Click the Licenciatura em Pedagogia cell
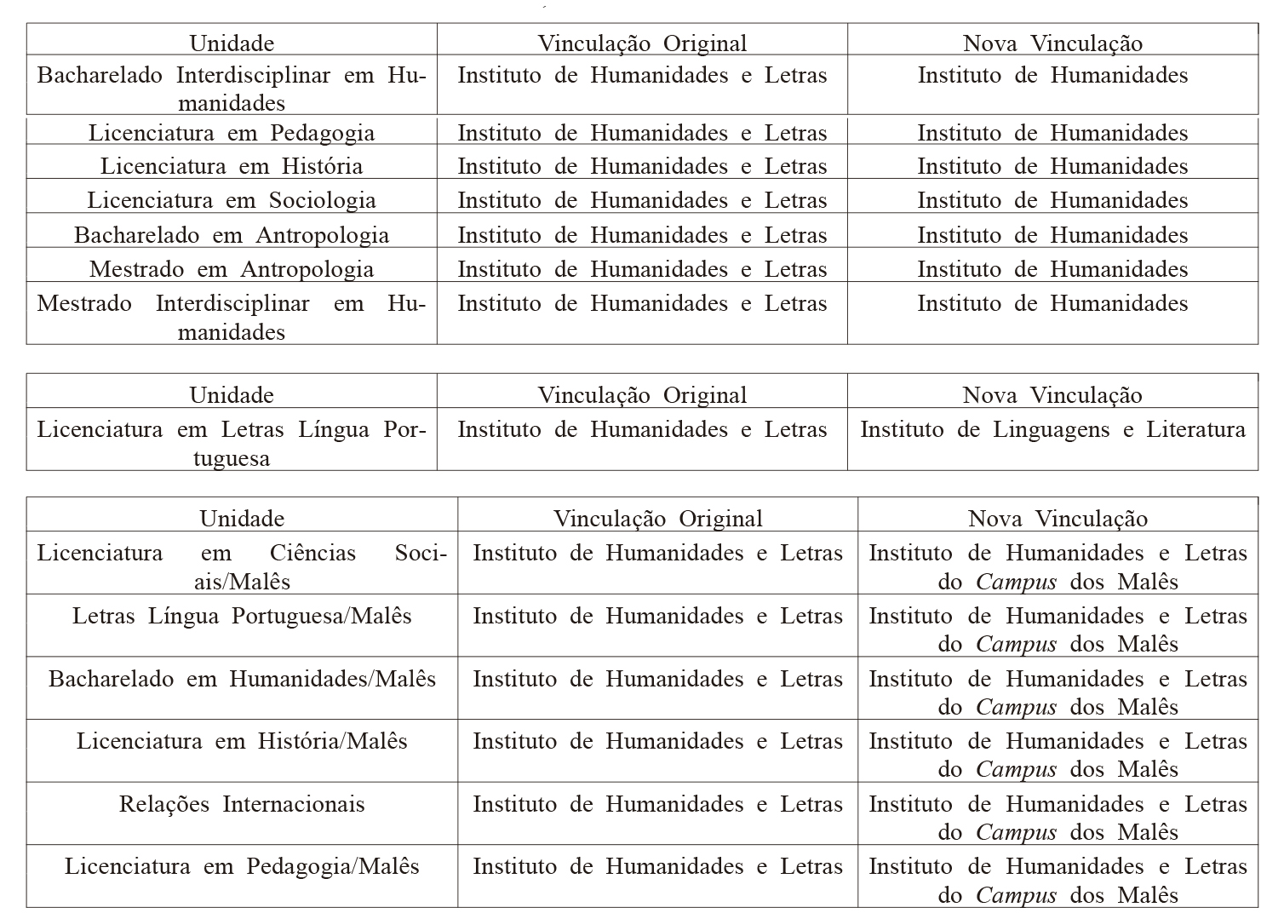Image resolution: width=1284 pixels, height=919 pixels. (x=232, y=133)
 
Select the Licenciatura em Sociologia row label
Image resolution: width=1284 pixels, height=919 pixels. (x=232, y=200)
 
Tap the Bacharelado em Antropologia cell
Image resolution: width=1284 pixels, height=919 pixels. (x=232, y=235)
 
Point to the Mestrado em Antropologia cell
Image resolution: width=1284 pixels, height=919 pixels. (x=232, y=269)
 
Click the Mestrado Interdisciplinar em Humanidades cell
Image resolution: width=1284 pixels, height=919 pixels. (x=232, y=317)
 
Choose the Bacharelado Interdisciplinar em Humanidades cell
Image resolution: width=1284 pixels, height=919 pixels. (x=232, y=89)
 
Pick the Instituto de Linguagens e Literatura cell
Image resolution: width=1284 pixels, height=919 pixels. (x=1052, y=429)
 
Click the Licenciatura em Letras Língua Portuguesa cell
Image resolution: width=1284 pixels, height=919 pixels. (x=232, y=443)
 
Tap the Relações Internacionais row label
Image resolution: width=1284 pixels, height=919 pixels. (x=242, y=804)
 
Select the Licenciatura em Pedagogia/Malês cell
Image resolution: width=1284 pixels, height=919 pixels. (x=242, y=866)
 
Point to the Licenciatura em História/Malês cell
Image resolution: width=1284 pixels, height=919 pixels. (x=242, y=741)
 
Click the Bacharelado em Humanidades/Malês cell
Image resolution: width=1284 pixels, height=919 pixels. (x=242, y=679)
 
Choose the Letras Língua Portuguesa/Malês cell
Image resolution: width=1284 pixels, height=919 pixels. (x=242, y=616)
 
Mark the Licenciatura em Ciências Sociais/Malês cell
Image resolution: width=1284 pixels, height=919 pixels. (x=242, y=566)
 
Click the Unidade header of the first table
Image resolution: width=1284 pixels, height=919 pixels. (x=232, y=43)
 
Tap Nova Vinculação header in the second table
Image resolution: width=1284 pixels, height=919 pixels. (x=1052, y=395)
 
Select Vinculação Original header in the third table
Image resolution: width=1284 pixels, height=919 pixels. (x=657, y=519)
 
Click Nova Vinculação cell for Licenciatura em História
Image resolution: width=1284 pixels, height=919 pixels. (x=1052, y=166)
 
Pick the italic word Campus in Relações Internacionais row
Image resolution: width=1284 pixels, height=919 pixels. (x=1016, y=832)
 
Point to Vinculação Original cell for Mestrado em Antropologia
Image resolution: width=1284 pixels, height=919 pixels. (x=642, y=269)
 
